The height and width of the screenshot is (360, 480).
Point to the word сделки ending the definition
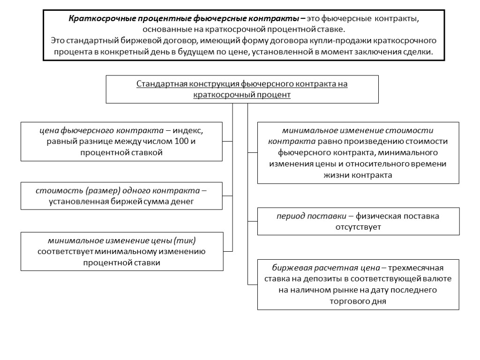(x=415, y=52)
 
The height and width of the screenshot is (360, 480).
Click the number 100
(x=181, y=141)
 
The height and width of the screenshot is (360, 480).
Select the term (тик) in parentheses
(x=185, y=240)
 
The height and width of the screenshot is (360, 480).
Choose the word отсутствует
(x=358, y=227)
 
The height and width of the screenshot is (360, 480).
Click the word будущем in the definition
(x=214, y=52)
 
